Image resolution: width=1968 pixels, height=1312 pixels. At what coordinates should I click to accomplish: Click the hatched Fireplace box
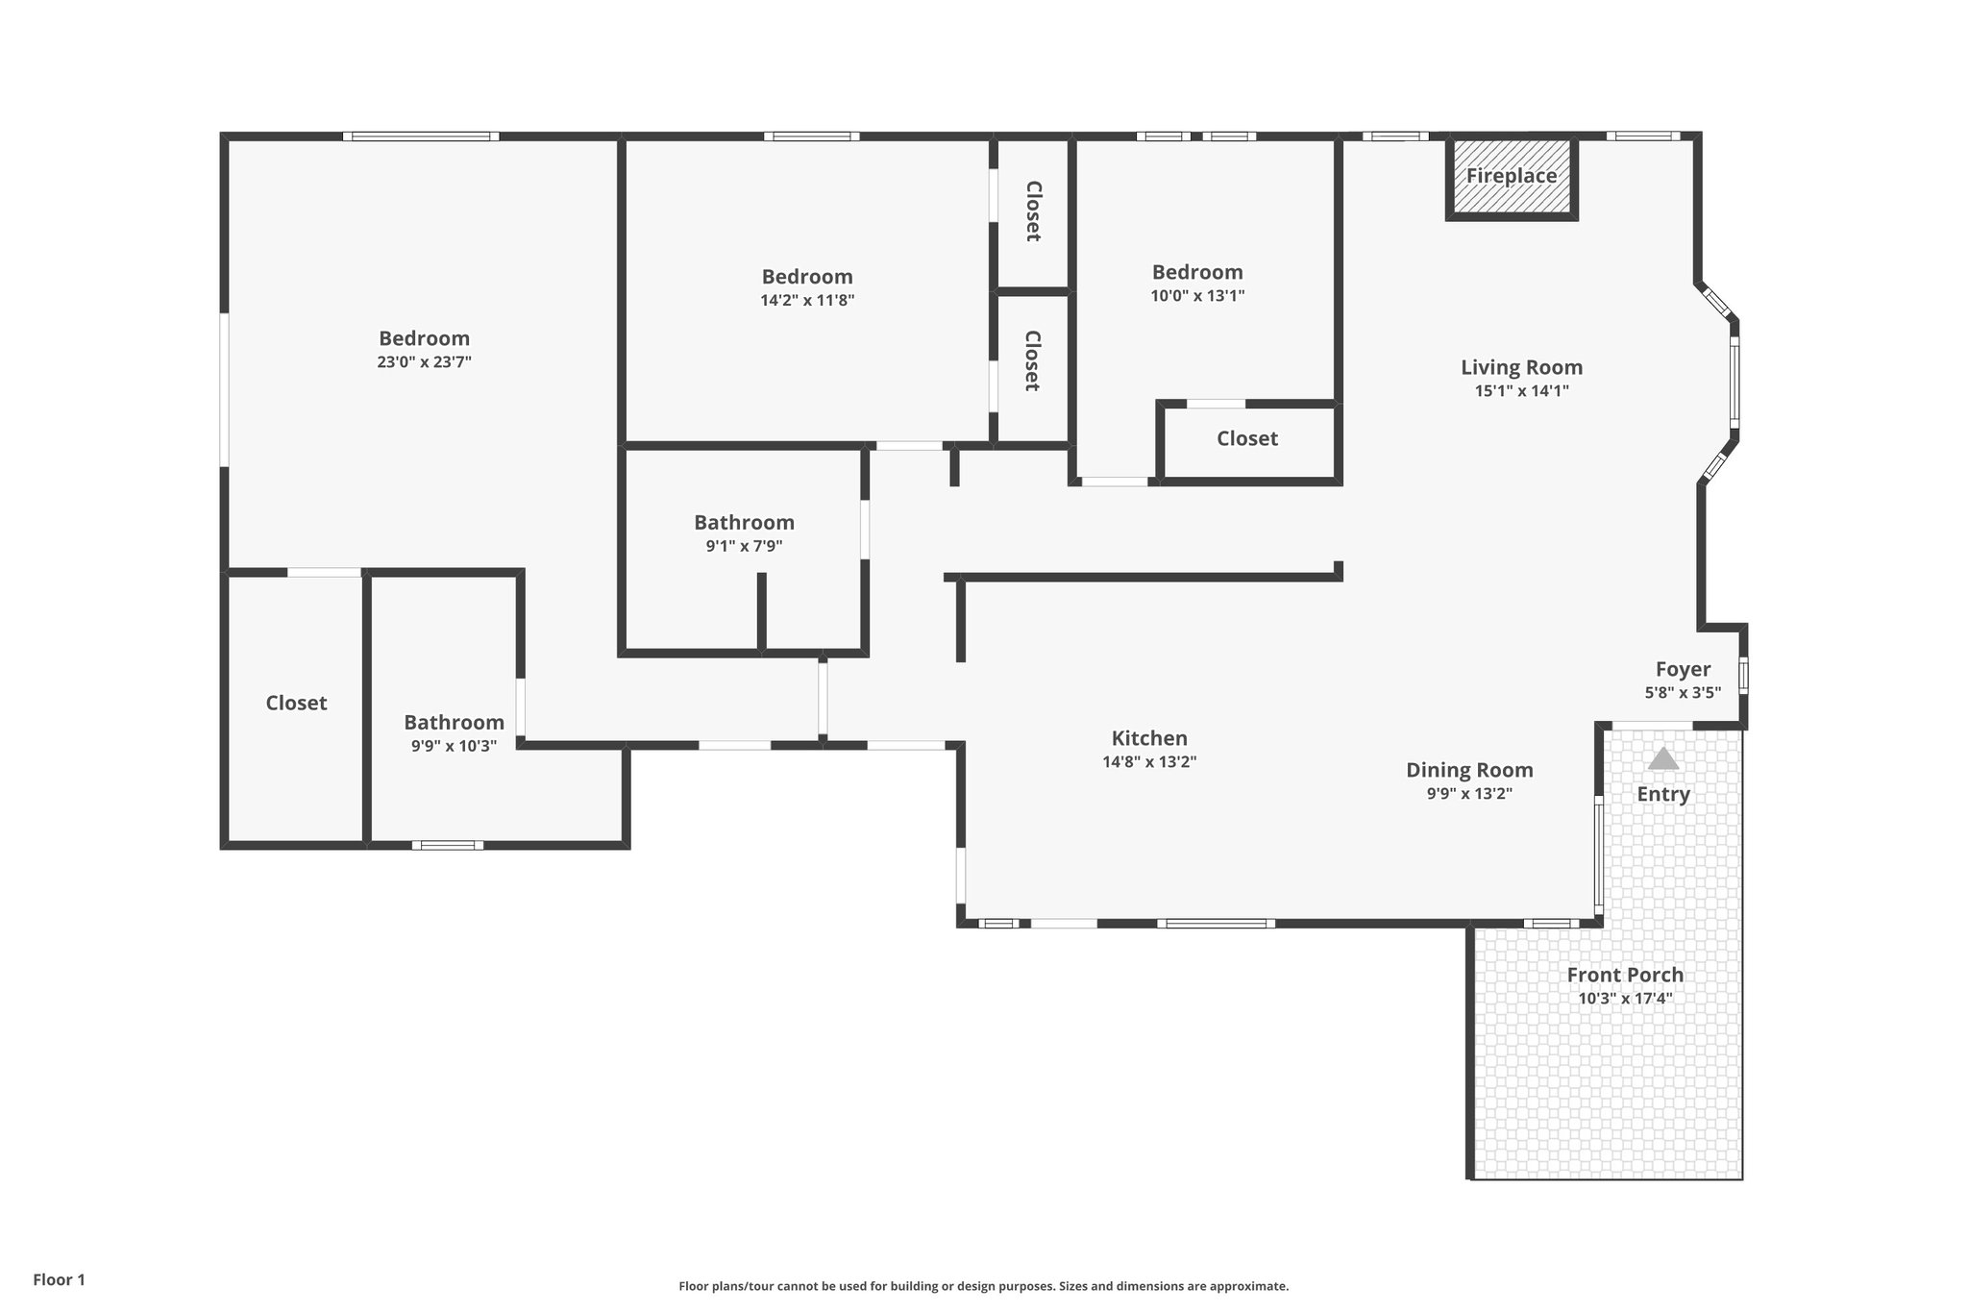1511,179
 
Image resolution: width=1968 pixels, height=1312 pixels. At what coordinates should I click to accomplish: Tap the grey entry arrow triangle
1663,759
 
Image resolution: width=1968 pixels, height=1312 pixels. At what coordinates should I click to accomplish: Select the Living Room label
1521,367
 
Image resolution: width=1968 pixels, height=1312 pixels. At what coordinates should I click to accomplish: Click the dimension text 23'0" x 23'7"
424,362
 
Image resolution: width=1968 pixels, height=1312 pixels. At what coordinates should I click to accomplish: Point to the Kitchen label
1149,738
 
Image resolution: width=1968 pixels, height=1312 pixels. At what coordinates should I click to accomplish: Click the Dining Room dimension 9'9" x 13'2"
1469,794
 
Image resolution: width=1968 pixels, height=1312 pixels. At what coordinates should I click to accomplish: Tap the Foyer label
1683,669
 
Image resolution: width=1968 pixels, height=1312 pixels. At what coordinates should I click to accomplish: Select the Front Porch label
1625,975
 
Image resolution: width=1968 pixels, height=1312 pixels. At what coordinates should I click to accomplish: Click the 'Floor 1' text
60,1279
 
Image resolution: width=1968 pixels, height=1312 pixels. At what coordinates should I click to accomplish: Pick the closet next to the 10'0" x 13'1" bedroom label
1247,439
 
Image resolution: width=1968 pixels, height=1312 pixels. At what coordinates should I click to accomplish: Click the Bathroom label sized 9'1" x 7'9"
744,523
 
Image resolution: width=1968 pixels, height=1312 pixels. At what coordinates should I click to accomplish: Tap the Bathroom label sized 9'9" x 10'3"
454,723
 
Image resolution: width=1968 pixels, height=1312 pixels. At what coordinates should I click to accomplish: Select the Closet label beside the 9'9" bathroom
296,704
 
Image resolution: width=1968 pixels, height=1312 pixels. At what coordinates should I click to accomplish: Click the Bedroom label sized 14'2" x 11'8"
807,277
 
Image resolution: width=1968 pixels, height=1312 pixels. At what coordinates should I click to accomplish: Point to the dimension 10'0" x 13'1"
1197,296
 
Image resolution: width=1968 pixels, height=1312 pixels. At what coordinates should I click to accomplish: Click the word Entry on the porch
1663,794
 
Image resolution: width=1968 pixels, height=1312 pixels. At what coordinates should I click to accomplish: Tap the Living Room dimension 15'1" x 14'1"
1521,391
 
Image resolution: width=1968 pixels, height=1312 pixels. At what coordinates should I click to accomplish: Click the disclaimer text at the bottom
983,1286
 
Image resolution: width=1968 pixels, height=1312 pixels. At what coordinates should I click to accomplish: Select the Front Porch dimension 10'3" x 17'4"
1625,999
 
